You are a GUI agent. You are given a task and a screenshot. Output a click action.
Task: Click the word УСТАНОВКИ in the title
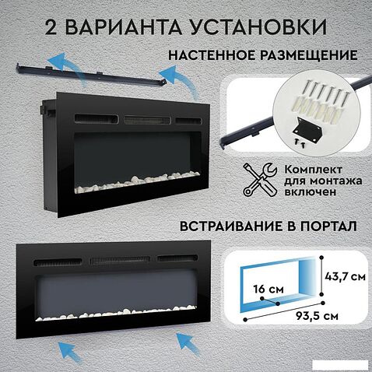pyautogui.click(x=257, y=26)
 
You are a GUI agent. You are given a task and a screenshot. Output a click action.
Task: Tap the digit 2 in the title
pyautogui.click(x=51, y=26)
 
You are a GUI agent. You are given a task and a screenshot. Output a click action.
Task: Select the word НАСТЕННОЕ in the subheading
pyautogui.click(x=211, y=55)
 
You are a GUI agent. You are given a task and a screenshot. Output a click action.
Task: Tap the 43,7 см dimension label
pyautogui.click(x=345, y=276)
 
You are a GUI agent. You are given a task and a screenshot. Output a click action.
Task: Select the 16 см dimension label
pyautogui.click(x=268, y=289)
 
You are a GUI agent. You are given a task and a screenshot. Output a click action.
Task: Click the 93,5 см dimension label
pyautogui.click(x=317, y=316)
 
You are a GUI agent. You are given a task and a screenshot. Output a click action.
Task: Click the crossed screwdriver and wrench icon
pyautogui.click(x=260, y=179)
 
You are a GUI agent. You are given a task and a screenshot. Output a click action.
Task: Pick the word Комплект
pyautogui.click(x=313, y=170)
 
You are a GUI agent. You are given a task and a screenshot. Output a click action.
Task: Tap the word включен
pyautogui.click(x=311, y=192)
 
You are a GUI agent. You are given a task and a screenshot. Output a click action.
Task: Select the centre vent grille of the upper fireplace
pyautogui.click(x=147, y=120)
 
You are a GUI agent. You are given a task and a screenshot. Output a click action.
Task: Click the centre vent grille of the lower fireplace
pyautogui.click(x=120, y=260)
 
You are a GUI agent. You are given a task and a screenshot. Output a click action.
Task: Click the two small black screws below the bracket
pyautogui.click(x=300, y=142)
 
